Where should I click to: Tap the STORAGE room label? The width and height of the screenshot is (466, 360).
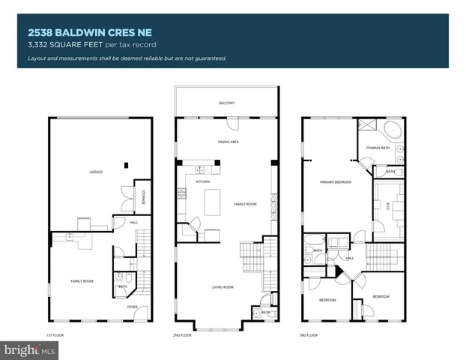point(144,196)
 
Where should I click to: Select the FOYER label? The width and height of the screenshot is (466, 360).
point(132,307)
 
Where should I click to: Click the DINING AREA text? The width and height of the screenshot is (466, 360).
point(228,142)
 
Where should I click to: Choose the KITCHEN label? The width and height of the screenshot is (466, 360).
point(202,181)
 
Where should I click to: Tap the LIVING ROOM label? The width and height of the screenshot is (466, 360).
point(223,286)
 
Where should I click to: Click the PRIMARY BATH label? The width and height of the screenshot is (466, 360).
point(378,148)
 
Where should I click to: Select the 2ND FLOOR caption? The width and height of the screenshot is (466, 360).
point(182,335)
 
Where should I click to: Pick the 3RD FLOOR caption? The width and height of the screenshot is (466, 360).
point(308,335)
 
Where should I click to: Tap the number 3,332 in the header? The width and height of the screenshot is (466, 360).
point(38,46)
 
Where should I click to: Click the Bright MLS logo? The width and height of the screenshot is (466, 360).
point(30,349)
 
